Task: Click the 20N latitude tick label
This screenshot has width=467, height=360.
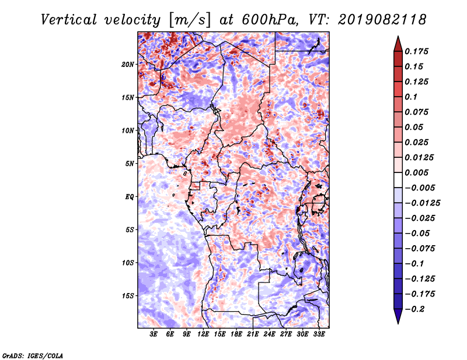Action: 128,65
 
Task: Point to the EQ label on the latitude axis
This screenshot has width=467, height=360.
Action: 130,197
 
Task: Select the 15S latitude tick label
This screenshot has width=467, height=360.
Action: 128,296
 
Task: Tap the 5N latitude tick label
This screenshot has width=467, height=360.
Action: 129,164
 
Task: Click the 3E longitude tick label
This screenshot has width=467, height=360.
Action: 154,334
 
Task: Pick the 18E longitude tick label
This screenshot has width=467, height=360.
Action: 236,334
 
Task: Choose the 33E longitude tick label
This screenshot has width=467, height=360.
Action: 319,334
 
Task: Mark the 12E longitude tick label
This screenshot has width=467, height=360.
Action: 203,334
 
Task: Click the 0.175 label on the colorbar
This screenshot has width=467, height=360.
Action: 416,51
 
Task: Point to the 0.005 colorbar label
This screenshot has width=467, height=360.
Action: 416,172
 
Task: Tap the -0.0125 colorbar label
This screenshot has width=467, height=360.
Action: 423,203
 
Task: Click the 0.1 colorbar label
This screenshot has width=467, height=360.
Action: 411,97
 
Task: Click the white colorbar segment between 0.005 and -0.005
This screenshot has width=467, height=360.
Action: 398,180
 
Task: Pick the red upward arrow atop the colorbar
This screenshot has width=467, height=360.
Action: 398,44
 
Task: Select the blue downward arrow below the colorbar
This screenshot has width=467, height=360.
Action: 398,316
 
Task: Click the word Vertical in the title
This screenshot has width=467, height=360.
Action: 69,20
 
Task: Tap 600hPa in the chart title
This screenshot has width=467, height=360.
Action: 270,20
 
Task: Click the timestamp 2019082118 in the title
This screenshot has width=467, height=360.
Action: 382,20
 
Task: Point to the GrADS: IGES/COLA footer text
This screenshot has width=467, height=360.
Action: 33,355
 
